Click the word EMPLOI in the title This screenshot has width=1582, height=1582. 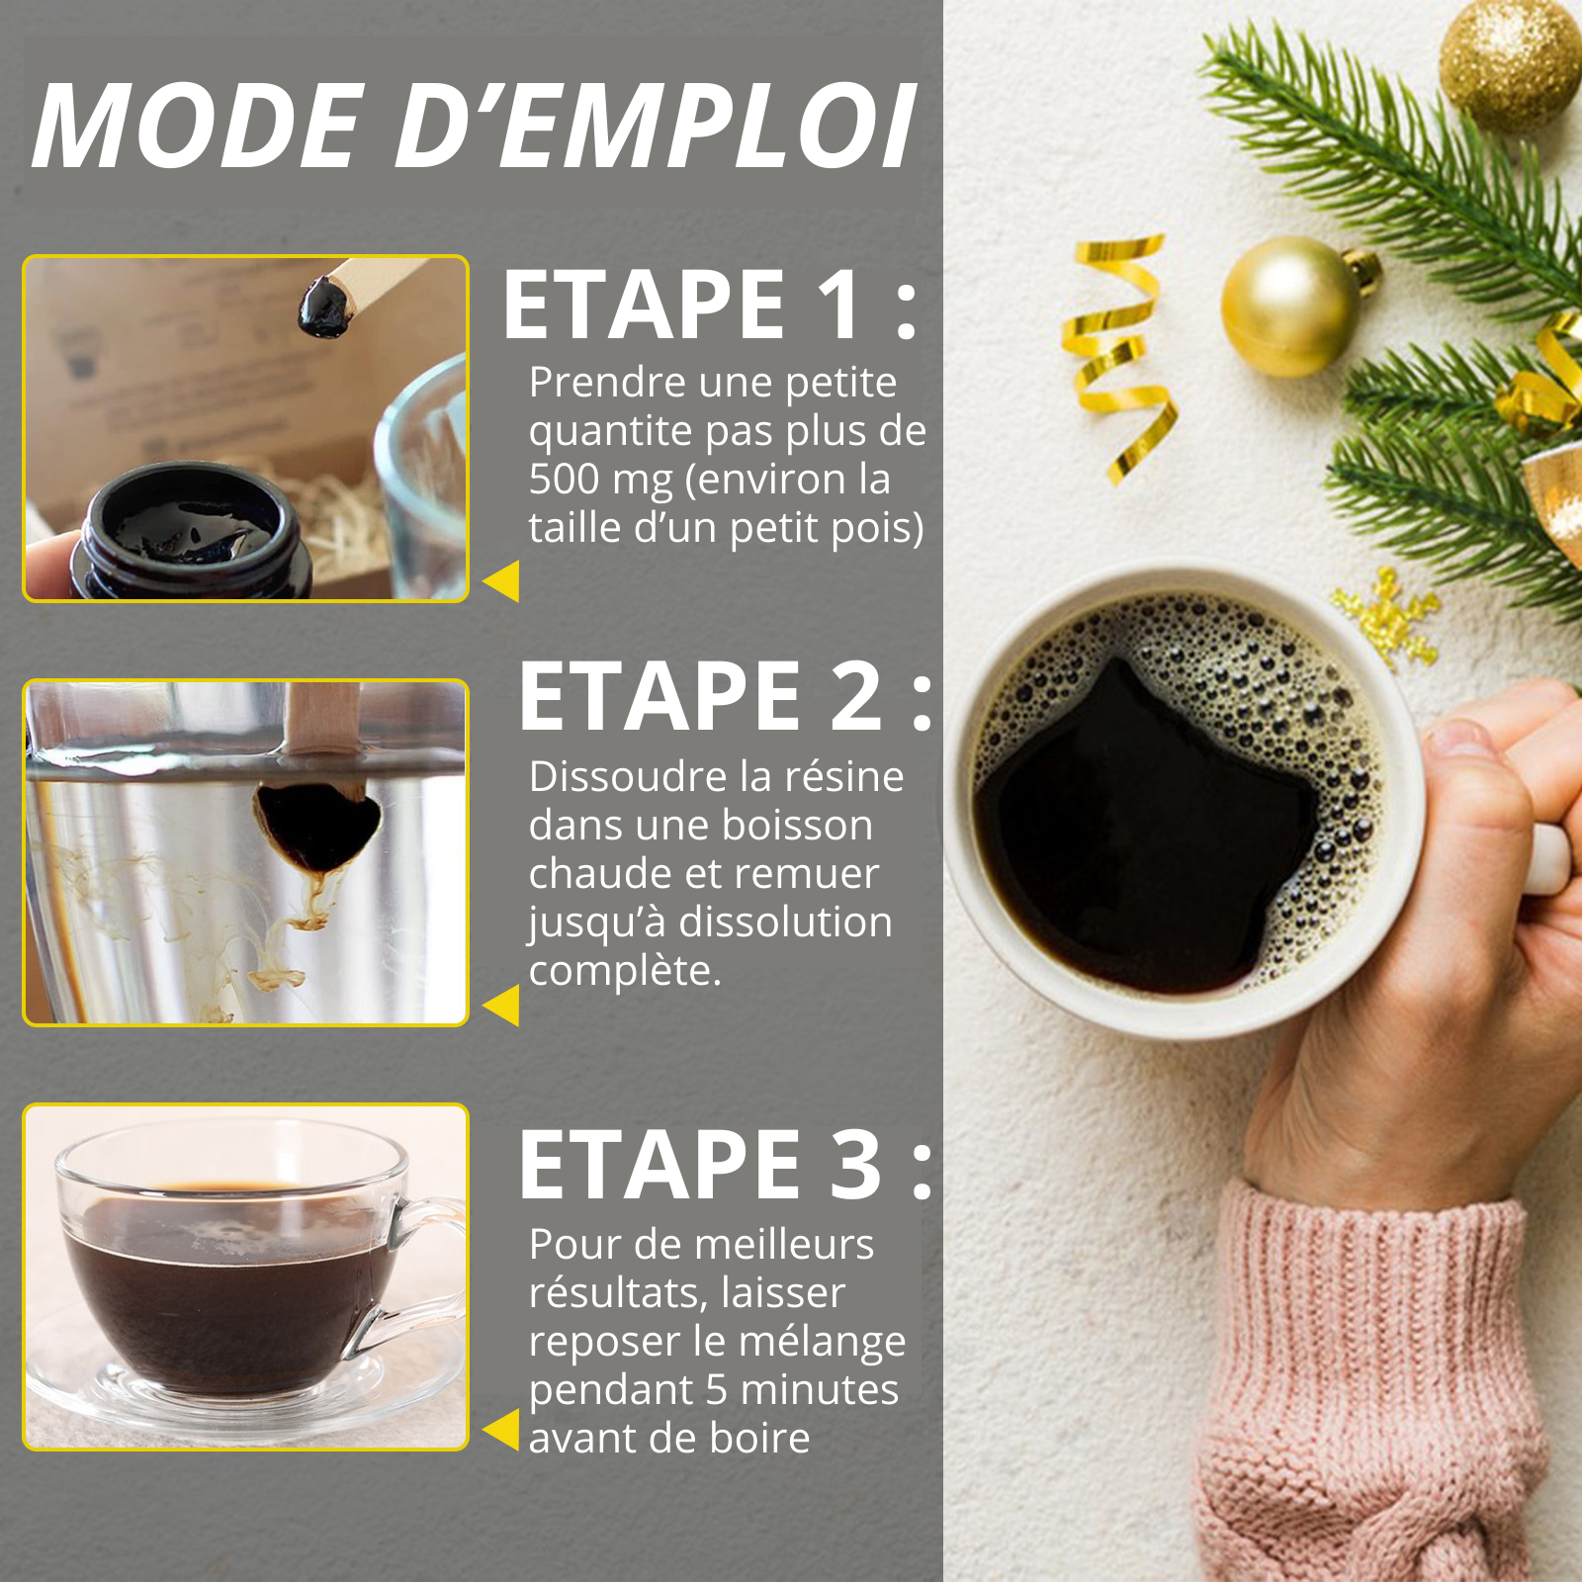pyautogui.click(x=708, y=126)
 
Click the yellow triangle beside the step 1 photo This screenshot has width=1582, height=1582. pyautogui.click(x=502, y=580)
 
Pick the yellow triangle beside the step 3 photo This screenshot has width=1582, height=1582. pyautogui.click(x=502, y=1429)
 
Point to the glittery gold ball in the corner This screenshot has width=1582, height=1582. pyautogui.click(x=1510, y=65)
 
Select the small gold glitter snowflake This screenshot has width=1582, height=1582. pyautogui.click(x=1385, y=614)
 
